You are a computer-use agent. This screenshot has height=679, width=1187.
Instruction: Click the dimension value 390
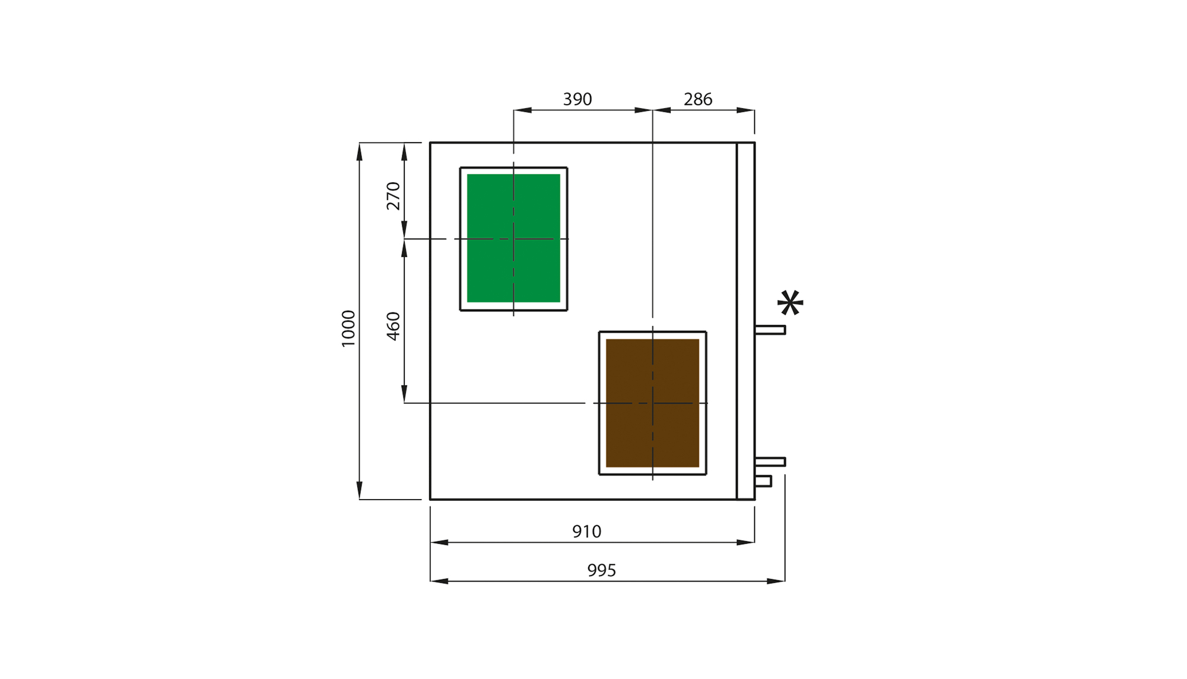click(x=577, y=99)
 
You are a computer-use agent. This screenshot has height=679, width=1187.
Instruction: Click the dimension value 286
click(x=697, y=99)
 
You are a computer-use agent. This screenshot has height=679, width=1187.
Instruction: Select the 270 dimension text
click(x=393, y=196)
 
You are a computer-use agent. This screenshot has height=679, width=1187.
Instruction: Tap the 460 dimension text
click(x=393, y=326)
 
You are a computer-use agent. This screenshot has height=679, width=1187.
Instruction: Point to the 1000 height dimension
click(x=348, y=328)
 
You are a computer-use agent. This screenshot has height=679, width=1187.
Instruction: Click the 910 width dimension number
click(x=586, y=531)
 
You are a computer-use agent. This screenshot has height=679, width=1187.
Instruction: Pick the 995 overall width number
click(x=601, y=570)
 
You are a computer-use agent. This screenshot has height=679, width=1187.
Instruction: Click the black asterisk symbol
click(x=790, y=303)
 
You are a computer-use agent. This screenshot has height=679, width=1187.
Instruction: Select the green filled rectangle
click(x=513, y=238)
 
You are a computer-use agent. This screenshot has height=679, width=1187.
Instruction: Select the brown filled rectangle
click(x=652, y=403)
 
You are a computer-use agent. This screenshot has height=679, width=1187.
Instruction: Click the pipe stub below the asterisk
click(x=770, y=330)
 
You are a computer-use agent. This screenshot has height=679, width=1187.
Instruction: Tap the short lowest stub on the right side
click(x=763, y=481)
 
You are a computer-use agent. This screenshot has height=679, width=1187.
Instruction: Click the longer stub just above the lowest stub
click(x=770, y=462)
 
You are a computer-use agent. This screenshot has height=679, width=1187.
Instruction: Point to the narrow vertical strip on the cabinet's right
click(x=745, y=321)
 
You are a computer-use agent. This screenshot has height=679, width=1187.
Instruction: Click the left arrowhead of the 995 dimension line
click(x=439, y=581)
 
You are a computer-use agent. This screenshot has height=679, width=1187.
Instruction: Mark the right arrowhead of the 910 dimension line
click(x=746, y=542)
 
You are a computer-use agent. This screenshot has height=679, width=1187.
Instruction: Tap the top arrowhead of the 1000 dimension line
click(x=359, y=151)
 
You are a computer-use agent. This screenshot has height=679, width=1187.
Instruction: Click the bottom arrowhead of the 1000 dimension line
click(x=359, y=491)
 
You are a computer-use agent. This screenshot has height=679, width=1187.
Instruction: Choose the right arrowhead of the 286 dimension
click(x=746, y=110)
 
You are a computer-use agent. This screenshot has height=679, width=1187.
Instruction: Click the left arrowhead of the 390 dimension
click(x=522, y=110)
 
